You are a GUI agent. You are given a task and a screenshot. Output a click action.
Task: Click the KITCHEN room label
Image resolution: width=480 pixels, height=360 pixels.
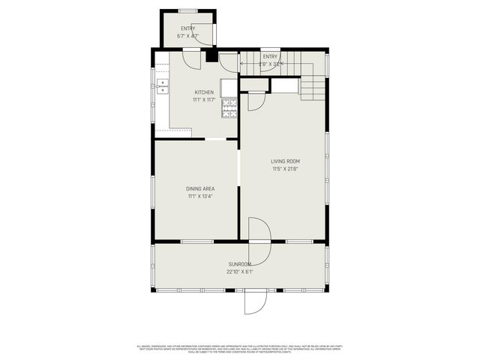[203, 92]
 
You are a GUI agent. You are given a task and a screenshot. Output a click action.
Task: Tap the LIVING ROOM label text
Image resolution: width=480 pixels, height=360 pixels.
[286, 161]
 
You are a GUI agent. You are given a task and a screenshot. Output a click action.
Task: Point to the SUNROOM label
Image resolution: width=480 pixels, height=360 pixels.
[240, 265]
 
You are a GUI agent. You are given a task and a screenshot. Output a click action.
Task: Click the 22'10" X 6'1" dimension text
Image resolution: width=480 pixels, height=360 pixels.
[240, 272]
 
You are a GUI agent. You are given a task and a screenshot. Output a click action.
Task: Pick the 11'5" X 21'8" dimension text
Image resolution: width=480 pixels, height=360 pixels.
[286, 169]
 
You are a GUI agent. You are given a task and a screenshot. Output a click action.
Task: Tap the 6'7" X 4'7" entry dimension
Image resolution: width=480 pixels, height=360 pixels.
[187, 35]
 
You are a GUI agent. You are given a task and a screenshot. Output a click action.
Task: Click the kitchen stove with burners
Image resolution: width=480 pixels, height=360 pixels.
[229, 109]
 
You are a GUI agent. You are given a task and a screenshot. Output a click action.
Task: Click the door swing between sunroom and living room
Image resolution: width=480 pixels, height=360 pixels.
[259, 230]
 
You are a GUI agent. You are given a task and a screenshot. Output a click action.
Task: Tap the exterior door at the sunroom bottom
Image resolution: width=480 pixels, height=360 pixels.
[255, 302]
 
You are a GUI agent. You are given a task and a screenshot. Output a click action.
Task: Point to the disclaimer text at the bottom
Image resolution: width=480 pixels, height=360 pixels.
[240, 348]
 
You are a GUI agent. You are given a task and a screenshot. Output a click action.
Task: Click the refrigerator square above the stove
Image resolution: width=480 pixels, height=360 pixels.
[229, 88]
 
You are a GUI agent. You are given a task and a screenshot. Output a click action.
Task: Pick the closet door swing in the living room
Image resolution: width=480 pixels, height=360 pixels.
[256, 100]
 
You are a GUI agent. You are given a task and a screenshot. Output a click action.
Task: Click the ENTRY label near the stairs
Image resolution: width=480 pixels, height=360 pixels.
[270, 56]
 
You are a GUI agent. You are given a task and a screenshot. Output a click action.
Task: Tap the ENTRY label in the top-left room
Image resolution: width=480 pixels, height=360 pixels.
[187, 28]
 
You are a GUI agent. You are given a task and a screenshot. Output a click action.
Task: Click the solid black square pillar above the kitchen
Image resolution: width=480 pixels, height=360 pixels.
[211, 55]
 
